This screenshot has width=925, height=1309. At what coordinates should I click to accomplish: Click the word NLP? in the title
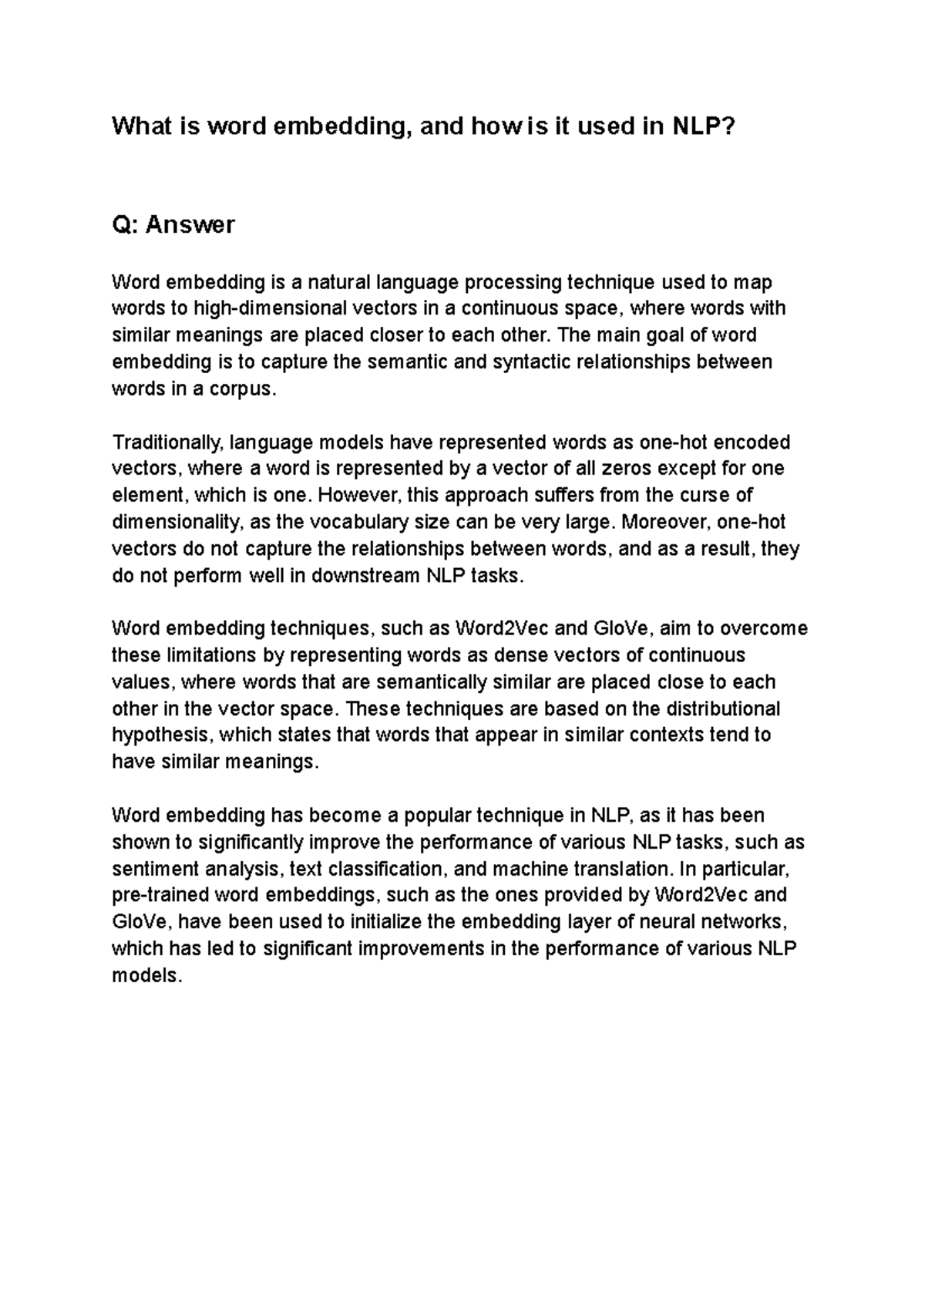click(x=705, y=126)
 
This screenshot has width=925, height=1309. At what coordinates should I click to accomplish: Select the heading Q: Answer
click(x=173, y=225)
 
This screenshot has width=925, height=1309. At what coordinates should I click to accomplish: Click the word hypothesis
click(x=162, y=735)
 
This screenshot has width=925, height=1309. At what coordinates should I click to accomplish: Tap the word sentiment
click(x=156, y=869)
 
